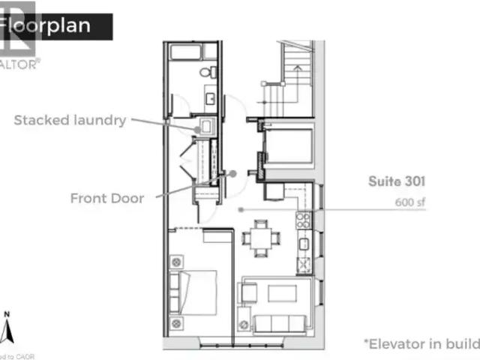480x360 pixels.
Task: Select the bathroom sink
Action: coord(211,99)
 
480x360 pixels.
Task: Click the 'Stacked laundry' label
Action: coord(70,120)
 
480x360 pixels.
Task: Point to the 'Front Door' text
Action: coord(107,199)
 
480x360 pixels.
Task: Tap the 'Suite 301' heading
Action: coord(397,181)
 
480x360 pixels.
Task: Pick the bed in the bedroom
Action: coord(196,292)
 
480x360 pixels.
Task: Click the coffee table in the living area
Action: coord(282,293)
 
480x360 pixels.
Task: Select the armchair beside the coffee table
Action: coord(247,292)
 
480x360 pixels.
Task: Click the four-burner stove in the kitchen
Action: coord(304,220)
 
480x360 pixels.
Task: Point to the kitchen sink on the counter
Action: coord(304,264)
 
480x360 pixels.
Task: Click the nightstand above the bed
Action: coord(177,262)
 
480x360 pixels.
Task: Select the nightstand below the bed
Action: coord(177,323)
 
